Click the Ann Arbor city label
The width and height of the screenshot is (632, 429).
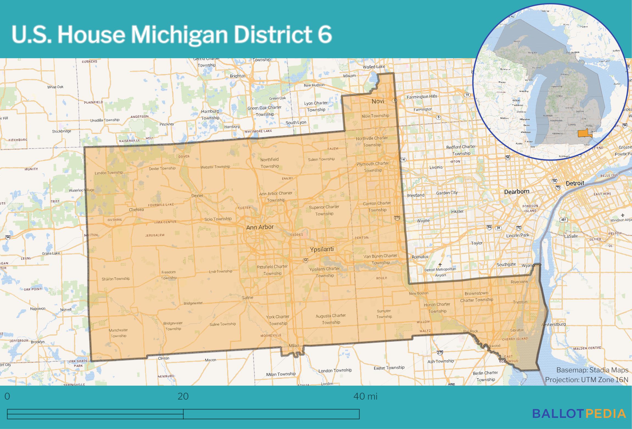pos(260,227)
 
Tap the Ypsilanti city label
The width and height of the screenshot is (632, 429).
pos(322,249)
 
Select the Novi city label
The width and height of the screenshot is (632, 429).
pos(378,101)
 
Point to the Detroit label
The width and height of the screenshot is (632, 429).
pos(575,183)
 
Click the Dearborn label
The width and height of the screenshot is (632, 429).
pos(516,192)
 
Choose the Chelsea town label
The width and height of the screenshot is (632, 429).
pos(136,209)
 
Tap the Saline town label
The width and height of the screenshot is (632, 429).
pos(247,298)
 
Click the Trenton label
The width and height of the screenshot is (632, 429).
pos(520,302)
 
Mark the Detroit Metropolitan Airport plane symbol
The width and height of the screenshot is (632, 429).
pos(440,265)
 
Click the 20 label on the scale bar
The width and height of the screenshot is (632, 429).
pos(183,396)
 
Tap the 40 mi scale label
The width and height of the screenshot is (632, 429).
pos(365,396)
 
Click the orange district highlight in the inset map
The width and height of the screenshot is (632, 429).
pos(584,133)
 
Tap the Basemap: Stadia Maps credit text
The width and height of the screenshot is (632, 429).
pos(592,370)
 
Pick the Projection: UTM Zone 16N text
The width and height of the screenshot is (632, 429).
pos(586,380)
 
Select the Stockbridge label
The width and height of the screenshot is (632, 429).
pos(61,131)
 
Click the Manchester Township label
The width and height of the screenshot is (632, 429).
pos(118,333)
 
